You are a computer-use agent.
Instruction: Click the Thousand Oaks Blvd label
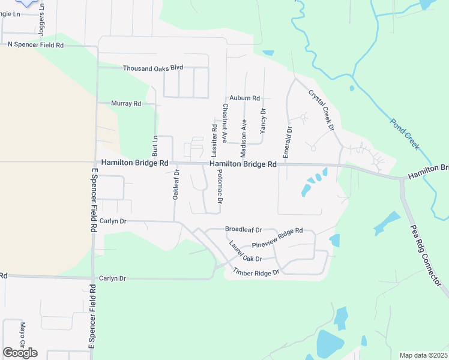pyautogui.click(x=153, y=68)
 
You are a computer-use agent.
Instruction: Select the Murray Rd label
pyautogui.click(x=126, y=103)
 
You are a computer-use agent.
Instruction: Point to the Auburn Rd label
pyautogui.click(x=244, y=98)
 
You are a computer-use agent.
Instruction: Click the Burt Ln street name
pyautogui.click(x=154, y=146)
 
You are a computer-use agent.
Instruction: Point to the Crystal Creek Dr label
pyautogui.click(x=321, y=110)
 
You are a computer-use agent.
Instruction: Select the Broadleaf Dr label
pyautogui.click(x=244, y=230)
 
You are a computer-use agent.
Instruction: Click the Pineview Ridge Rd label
pyautogui.click(x=277, y=238)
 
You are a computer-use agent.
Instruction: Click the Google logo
pyautogui.click(x=20, y=352)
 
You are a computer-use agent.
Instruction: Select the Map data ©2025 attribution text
pyautogui.click(x=424, y=355)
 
